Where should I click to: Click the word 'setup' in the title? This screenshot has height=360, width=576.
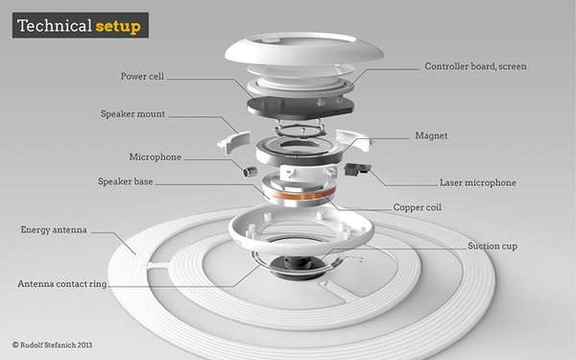tap(118, 27)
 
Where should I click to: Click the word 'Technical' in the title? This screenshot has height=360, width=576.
tap(55, 26)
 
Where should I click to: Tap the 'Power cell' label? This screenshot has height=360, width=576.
tap(142, 77)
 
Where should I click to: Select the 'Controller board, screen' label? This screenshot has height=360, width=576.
tap(476, 66)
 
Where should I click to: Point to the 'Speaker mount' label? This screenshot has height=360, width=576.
tap(133, 114)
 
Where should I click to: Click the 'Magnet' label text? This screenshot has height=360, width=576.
tap(431, 135)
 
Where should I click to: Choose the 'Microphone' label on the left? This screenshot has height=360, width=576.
tap(155, 157)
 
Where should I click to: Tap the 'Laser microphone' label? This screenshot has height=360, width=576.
tap(478, 182)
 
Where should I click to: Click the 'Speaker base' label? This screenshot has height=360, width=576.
tap(125, 181)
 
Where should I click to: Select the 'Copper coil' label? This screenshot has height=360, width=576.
tap(418, 207)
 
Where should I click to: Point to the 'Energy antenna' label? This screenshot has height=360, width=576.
tap(54, 230)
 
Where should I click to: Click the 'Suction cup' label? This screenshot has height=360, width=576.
tap(492, 246)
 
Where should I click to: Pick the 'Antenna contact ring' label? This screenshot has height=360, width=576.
tap(62, 284)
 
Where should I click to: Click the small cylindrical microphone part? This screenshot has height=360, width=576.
tap(250, 171)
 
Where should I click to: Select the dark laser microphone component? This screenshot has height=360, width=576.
tap(357, 169)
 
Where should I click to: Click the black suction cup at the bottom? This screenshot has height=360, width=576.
tap(299, 266)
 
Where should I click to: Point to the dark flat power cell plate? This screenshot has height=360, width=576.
tap(300, 107)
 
